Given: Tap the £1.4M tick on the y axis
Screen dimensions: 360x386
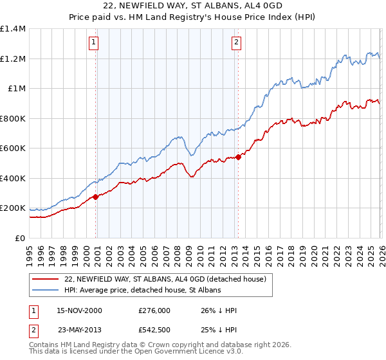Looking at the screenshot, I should coord(13,29).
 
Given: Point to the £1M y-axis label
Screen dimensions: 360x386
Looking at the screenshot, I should coord(16,89).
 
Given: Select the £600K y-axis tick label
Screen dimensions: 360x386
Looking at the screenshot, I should coord(13,148).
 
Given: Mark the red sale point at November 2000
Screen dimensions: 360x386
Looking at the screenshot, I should coord(96,197).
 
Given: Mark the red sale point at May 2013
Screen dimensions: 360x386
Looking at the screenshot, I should coord(238,157).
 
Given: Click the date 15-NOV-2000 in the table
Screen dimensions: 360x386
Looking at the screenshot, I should coord(79,310).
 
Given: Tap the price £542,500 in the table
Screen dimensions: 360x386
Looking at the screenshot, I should coord(154,329).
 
